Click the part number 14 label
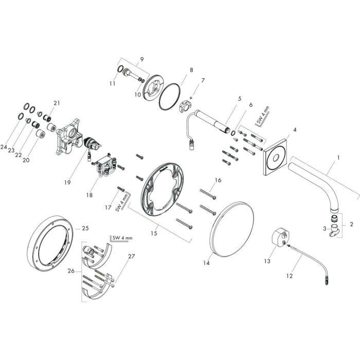pos(206,263)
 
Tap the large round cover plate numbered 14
pos(231,229)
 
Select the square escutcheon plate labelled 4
pos(275,157)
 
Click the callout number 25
pos(85,228)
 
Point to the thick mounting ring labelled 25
pos(50,242)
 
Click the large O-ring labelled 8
pos(170,97)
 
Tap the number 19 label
pos(67,183)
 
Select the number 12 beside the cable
pos(290,276)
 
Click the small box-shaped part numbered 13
pos(280,237)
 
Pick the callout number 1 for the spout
pos(338,158)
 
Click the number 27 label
pos(131,256)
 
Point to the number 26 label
pos(71,271)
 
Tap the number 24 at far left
pos(4,147)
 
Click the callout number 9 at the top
pos(142,59)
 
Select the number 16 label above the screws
pos(218,180)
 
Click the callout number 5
pos(240,99)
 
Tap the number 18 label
pos(89,195)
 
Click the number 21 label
pos(57,103)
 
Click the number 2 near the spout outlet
pos(351,224)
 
